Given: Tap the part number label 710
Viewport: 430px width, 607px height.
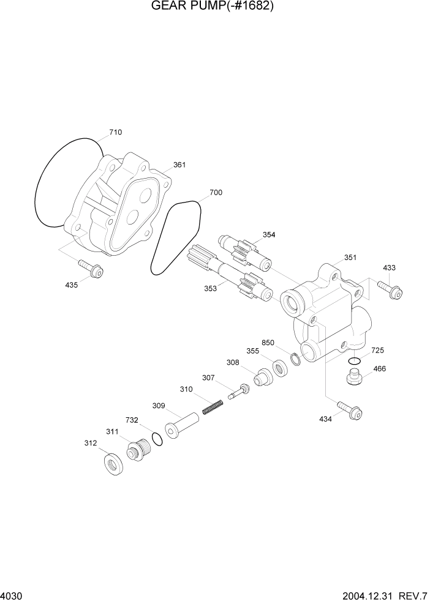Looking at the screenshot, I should [x=115, y=132].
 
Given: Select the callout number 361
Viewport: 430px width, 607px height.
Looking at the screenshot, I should [x=179, y=165].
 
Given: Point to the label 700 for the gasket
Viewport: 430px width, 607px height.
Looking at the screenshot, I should [x=216, y=193].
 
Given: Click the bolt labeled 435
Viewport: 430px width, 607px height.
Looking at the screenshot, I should [x=90, y=269].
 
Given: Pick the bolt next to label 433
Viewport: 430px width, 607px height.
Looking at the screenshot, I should [x=390, y=289].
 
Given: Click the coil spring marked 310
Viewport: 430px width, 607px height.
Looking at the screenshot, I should [x=212, y=406].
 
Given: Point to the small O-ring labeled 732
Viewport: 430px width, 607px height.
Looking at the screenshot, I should [x=157, y=438].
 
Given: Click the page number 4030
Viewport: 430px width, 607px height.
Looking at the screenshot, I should [x=12, y=595].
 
